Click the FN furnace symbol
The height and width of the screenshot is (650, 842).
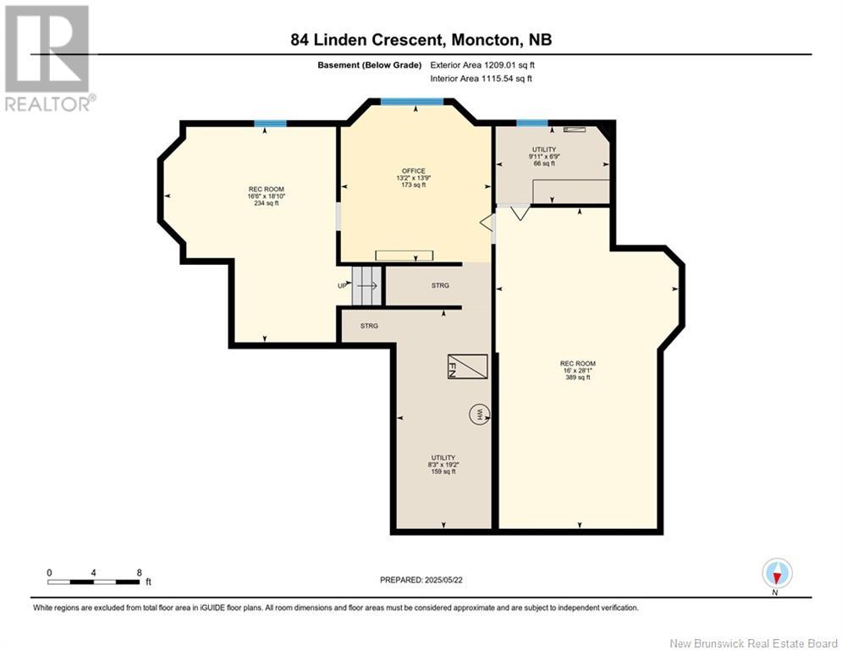click(x=467, y=366)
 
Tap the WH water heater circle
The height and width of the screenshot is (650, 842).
click(x=479, y=415)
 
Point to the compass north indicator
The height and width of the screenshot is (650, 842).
click(x=776, y=574)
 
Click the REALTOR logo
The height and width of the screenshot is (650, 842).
click(x=47, y=58)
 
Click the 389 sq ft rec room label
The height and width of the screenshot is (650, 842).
click(x=578, y=371)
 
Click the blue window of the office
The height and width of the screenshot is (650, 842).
click(x=412, y=102)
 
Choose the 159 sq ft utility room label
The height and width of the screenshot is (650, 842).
click(x=443, y=464)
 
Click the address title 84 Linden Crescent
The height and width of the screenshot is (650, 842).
click(x=421, y=39)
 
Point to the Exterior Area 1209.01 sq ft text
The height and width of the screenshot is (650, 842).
click(x=482, y=64)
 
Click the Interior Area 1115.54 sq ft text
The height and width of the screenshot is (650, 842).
click(x=482, y=79)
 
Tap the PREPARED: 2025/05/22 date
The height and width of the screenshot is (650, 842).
click(x=422, y=580)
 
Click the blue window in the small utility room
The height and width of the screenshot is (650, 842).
click(x=531, y=124)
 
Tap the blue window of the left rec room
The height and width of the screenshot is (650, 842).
click(x=270, y=124)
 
